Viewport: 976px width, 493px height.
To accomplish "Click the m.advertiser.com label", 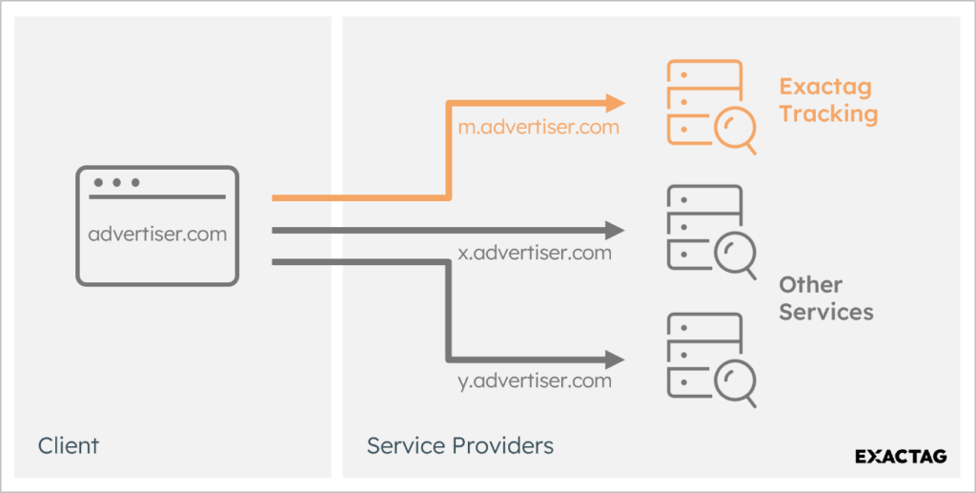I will pyautogui.click(x=539, y=127).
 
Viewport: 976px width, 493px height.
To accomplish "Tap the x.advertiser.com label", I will pyautogui.click(x=535, y=254).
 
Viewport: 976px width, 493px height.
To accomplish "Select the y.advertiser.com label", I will pyautogui.click(x=535, y=380).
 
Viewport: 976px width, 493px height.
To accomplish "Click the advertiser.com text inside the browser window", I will pyautogui.click(x=158, y=233).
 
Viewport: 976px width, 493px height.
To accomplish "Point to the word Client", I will pyautogui.click(x=69, y=445).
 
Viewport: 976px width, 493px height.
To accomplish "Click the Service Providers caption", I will pyautogui.click(x=460, y=445).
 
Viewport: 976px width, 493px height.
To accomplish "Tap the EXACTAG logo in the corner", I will pyautogui.click(x=901, y=456).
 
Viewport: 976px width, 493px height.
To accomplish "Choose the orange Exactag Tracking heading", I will pyautogui.click(x=828, y=100).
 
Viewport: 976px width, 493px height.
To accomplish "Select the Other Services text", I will pyautogui.click(x=826, y=298).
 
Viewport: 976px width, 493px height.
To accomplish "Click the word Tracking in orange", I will pyautogui.click(x=828, y=113).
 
